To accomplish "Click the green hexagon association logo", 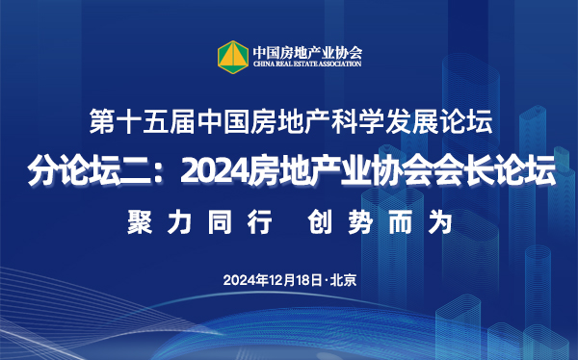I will point(232,55).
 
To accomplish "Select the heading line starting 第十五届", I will point(289,123).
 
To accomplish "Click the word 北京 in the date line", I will point(343,280).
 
